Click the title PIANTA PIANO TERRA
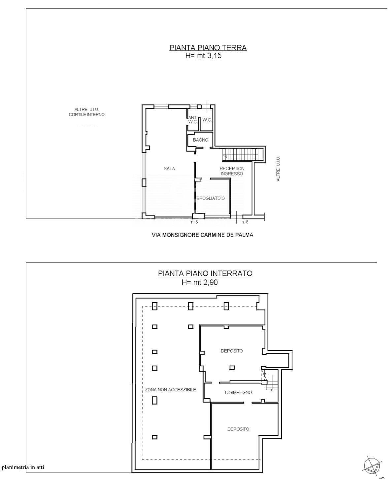(208, 48)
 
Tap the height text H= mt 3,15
(203, 55)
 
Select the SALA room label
(169, 169)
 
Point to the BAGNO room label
(200, 140)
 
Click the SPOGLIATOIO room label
(211, 198)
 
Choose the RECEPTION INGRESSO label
(232, 171)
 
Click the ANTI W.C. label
(193, 120)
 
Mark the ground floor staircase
(243, 155)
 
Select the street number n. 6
(194, 222)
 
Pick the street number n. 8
(245, 222)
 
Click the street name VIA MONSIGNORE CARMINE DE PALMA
(203, 235)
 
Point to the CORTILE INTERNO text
(87, 114)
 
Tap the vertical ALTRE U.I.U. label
(278, 169)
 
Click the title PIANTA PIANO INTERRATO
(205, 273)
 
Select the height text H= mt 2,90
(200, 282)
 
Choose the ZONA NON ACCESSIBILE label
(171, 390)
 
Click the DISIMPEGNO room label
(238, 392)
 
